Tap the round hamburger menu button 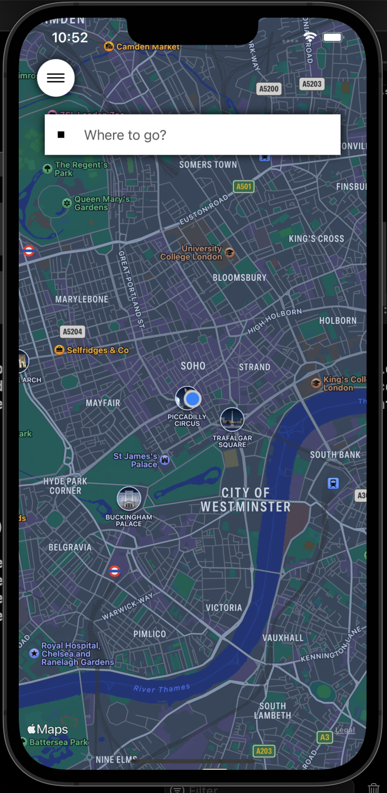point(56,78)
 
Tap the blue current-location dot point(192,398)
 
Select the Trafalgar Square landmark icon point(232,419)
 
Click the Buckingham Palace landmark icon point(129,498)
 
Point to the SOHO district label point(193,366)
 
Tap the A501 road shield point(243,187)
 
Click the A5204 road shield point(72,332)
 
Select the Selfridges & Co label point(97,350)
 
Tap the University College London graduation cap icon point(230,253)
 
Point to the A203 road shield point(264,751)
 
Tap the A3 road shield point(325,737)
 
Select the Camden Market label point(147,47)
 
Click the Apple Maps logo point(47,730)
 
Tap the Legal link point(345,730)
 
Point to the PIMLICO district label point(150,634)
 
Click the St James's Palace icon point(165,460)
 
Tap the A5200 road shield point(269,88)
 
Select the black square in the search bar point(61,135)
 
